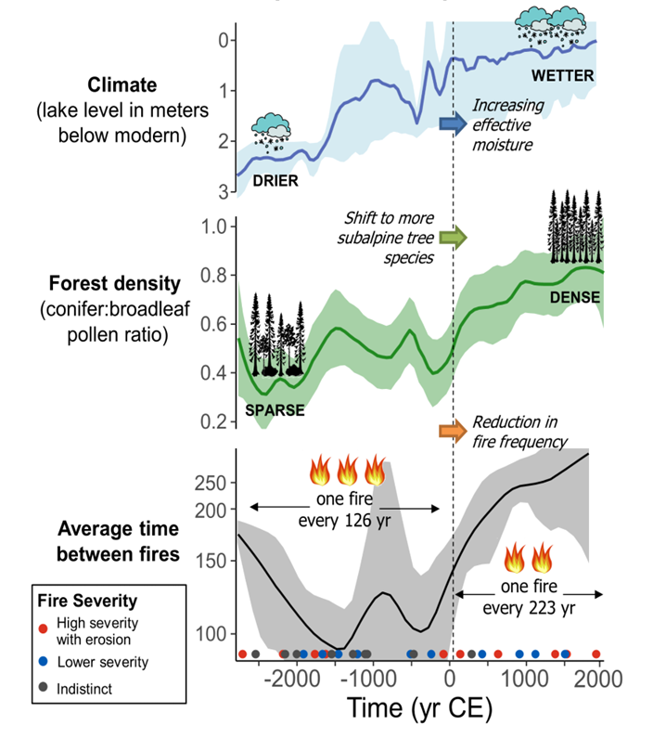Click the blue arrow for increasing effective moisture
[453, 123]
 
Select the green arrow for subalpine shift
[453, 239]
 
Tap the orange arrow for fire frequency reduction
[453, 430]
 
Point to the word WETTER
[563, 74]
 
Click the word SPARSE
[275, 409]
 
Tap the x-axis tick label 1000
[526, 677]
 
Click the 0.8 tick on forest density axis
[214, 275]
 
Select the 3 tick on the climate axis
[223, 191]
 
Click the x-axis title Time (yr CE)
[419, 709]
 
